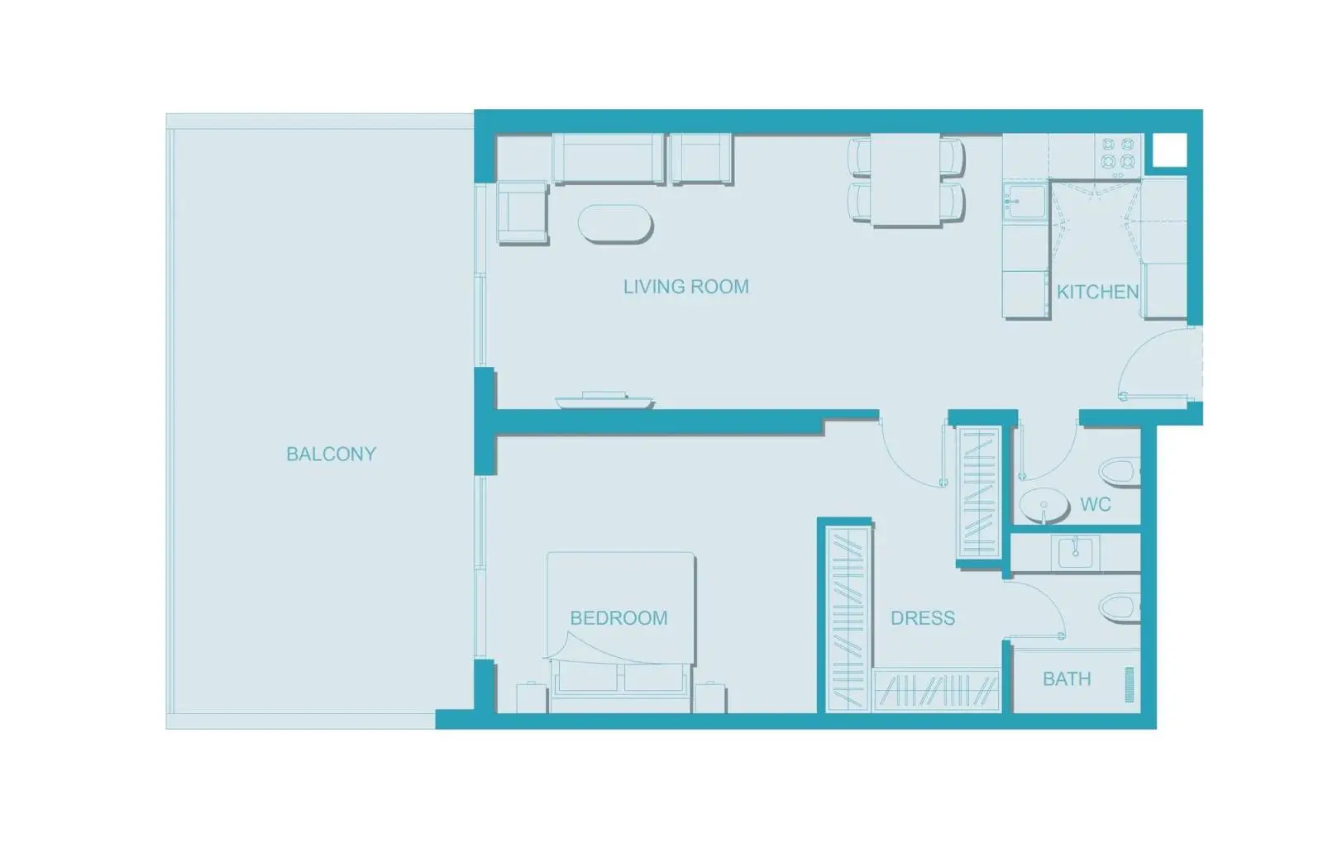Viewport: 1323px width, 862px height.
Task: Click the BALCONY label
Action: [332, 454]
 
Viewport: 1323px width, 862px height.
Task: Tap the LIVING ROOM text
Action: [686, 287]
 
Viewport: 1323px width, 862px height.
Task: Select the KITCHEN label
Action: [1098, 292]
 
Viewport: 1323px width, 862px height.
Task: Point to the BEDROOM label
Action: [619, 618]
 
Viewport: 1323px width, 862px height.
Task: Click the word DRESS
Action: [923, 618]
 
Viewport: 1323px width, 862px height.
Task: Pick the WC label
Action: [1096, 505]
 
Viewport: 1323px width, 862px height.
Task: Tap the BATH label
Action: [1067, 679]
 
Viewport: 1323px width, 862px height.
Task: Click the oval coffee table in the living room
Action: [615, 224]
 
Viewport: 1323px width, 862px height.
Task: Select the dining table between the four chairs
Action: [905, 179]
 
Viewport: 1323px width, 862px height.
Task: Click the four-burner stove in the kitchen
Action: [1118, 156]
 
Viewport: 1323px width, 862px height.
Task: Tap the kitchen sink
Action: [1025, 202]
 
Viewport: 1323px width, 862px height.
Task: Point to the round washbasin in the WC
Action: [1044, 506]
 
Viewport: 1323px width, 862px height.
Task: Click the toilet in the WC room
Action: [1120, 472]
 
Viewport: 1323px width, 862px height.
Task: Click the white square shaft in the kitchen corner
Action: [1170, 150]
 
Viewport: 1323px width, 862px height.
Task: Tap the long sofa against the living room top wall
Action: [609, 159]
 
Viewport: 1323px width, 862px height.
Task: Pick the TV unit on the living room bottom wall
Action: [604, 400]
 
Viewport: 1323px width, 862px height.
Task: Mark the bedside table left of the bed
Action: [532, 698]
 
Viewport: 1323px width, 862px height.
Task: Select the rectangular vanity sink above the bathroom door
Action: [1075, 552]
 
